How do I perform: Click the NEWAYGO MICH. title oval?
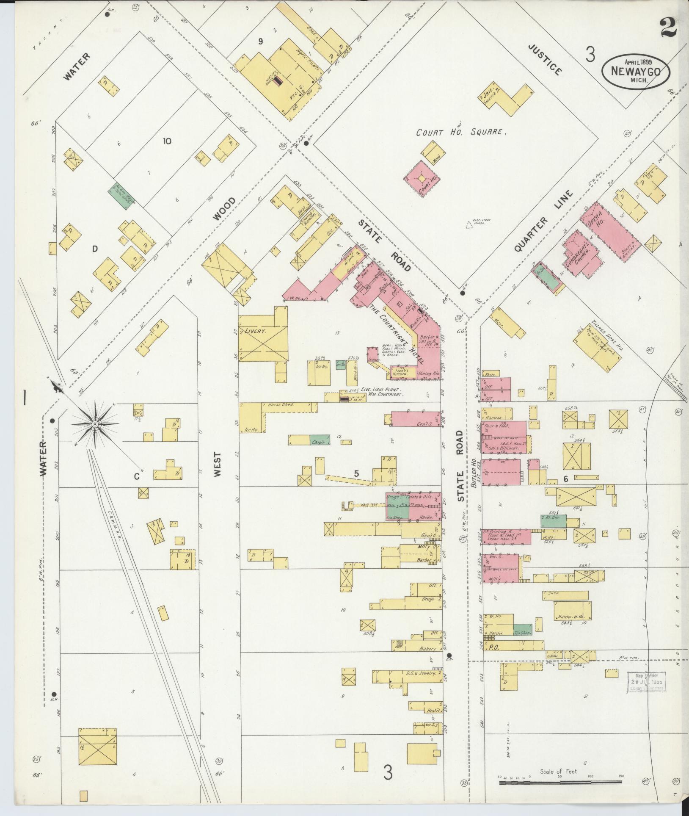pos(636,72)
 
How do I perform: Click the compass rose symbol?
pos(96,423)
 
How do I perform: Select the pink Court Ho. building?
pos(422,178)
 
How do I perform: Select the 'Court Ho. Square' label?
pos(461,132)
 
